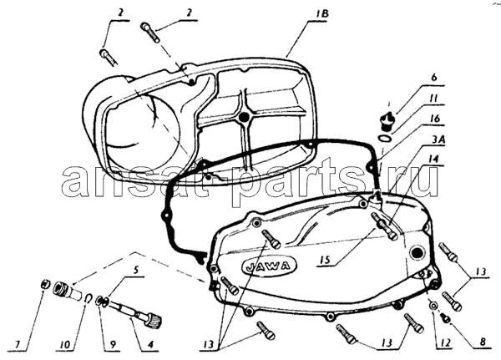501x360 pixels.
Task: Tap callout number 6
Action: pyautogui.click(x=433, y=78)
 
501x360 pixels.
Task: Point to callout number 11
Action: pyautogui.click(x=434, y=98)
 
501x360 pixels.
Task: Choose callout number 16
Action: pyautogui.click(x=434, y=118)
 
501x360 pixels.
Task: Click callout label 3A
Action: pyautogui.click(x=434, y=139)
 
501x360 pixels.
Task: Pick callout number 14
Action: pyautogui.click(x=434, y=159)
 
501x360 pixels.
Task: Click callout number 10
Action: pyautogui.click(x=65, y=344)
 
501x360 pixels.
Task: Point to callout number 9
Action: pyautogui.click(x=114, y=344)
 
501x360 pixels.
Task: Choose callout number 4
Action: pyautogui.click(x=149, y=344)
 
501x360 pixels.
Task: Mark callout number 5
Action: pyautogui.click(x=135, y=271)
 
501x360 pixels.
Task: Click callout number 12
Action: pyautogui.click(x=445, y=342)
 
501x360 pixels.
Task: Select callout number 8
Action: pyautogui.click(x=483, y=342)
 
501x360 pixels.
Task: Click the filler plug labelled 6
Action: pyautogui.click(x=387, y=120)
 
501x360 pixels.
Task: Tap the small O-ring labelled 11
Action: pyautogui.click(x=384, y=138)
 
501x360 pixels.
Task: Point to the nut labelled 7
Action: pyautogui.click(x=46, y=283)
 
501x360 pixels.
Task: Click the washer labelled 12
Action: pyautogui.click(x=433, y=306)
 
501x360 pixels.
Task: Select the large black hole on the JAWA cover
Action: pyautogui.click(x=418, y=252)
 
